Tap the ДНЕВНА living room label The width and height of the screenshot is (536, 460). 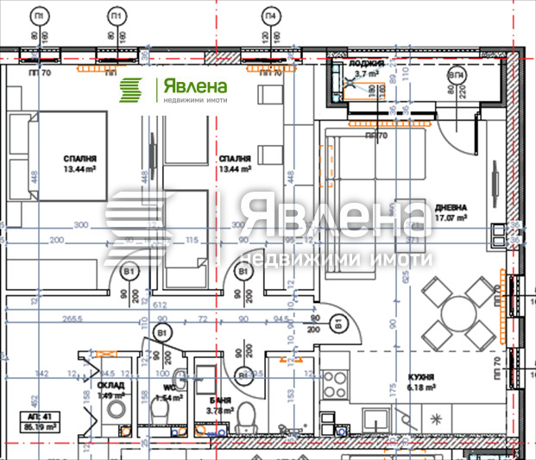[451, 208]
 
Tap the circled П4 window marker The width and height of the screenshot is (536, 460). [271, 16]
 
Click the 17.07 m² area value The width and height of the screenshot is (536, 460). [450, 219]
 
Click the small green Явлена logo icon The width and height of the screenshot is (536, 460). [132, 90]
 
